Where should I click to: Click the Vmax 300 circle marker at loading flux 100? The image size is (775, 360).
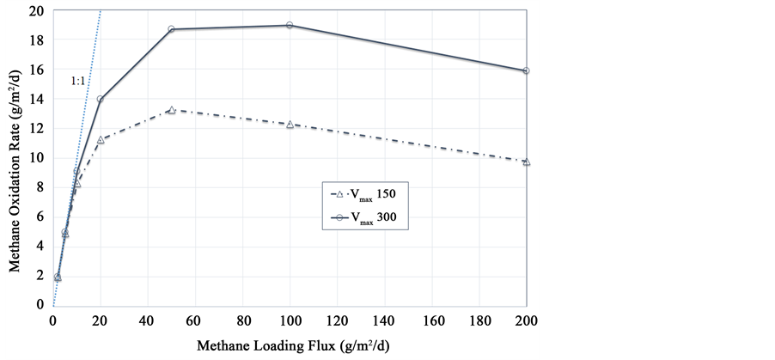tap(290, 25)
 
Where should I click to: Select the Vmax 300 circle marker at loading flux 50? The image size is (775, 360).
tap(171, 29)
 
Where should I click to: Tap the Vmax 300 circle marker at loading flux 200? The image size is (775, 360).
tap(526, 70)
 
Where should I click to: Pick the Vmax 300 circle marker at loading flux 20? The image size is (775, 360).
tap(101, 99)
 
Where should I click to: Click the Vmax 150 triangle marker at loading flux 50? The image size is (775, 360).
tap(171, 110)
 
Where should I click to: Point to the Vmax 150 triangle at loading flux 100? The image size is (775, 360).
tap(290, 124)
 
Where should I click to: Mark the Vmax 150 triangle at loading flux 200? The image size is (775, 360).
tap(526, 162)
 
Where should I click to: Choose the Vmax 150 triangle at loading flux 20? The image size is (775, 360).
tap(101, 139)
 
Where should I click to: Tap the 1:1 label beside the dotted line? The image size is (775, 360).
tap(77, 81)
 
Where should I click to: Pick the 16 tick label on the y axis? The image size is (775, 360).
tap(35, 70)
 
